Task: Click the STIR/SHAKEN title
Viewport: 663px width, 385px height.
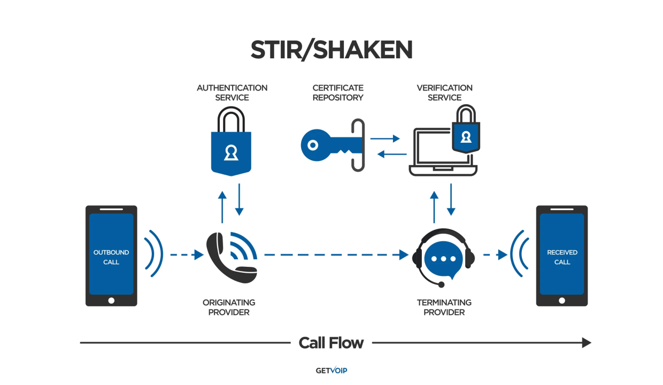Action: click(x=331, y=50)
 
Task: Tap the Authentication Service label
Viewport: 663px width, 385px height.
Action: click(x=232, y=93)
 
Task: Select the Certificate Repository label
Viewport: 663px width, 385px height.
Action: click(x=338, y=93)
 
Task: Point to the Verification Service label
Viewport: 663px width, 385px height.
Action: click(x=444, y=93)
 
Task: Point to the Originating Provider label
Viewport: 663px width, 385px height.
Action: click(x=229, y=307)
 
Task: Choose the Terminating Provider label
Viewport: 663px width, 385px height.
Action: click(x=444, y=307)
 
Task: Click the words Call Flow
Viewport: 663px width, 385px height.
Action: click(x=331, y=343)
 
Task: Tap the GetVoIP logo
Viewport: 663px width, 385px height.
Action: click(x=331, y=370)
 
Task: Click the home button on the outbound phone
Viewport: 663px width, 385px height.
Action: click(x=111, y=301)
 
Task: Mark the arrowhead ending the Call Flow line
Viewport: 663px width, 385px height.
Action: click(x=587, y=343)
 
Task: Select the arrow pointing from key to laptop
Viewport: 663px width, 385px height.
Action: click(x=386, y=138)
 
